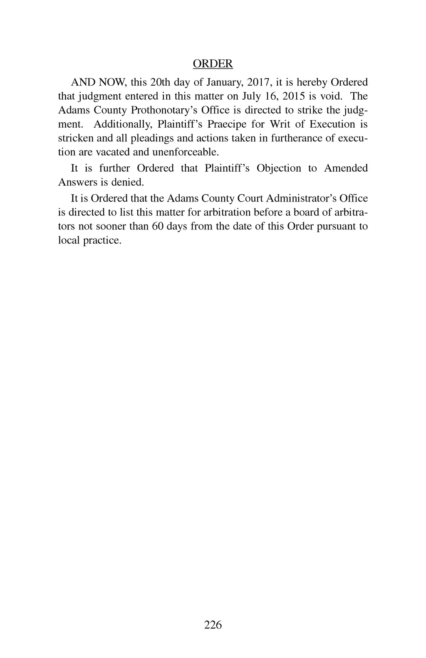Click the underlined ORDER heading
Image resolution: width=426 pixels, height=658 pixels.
click(213, 64)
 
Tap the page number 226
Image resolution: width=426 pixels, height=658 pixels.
click(213, 624)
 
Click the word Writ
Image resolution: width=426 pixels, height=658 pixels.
click(280, 124)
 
